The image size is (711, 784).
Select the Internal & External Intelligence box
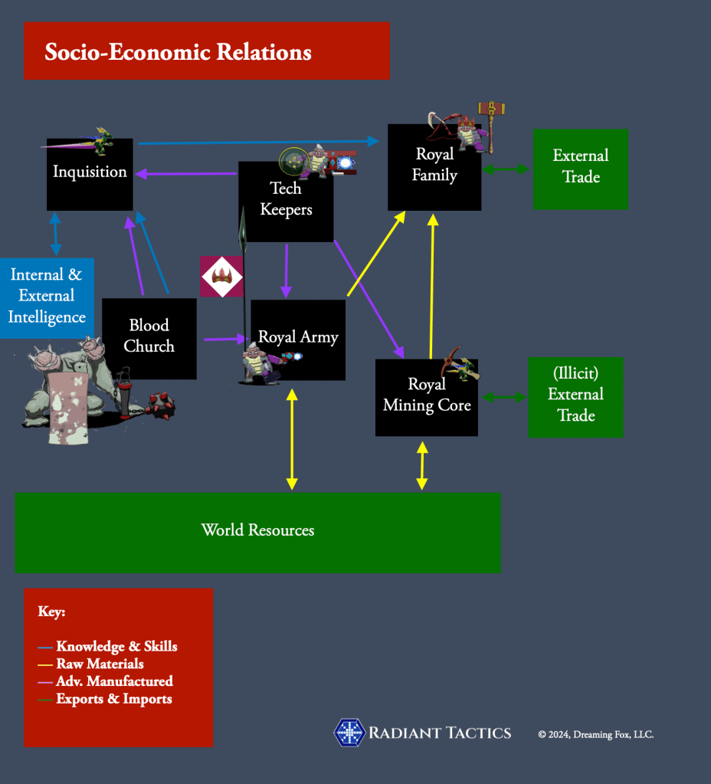pos(47,297)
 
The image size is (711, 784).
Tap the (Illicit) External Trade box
pos(575,396)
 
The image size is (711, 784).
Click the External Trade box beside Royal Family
pos(580,168)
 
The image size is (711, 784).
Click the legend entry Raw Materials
pos(100,664)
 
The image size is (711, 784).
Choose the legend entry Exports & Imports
pos(113,698)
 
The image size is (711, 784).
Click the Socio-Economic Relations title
pos(178,52)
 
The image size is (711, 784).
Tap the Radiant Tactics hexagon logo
pos(349,733)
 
